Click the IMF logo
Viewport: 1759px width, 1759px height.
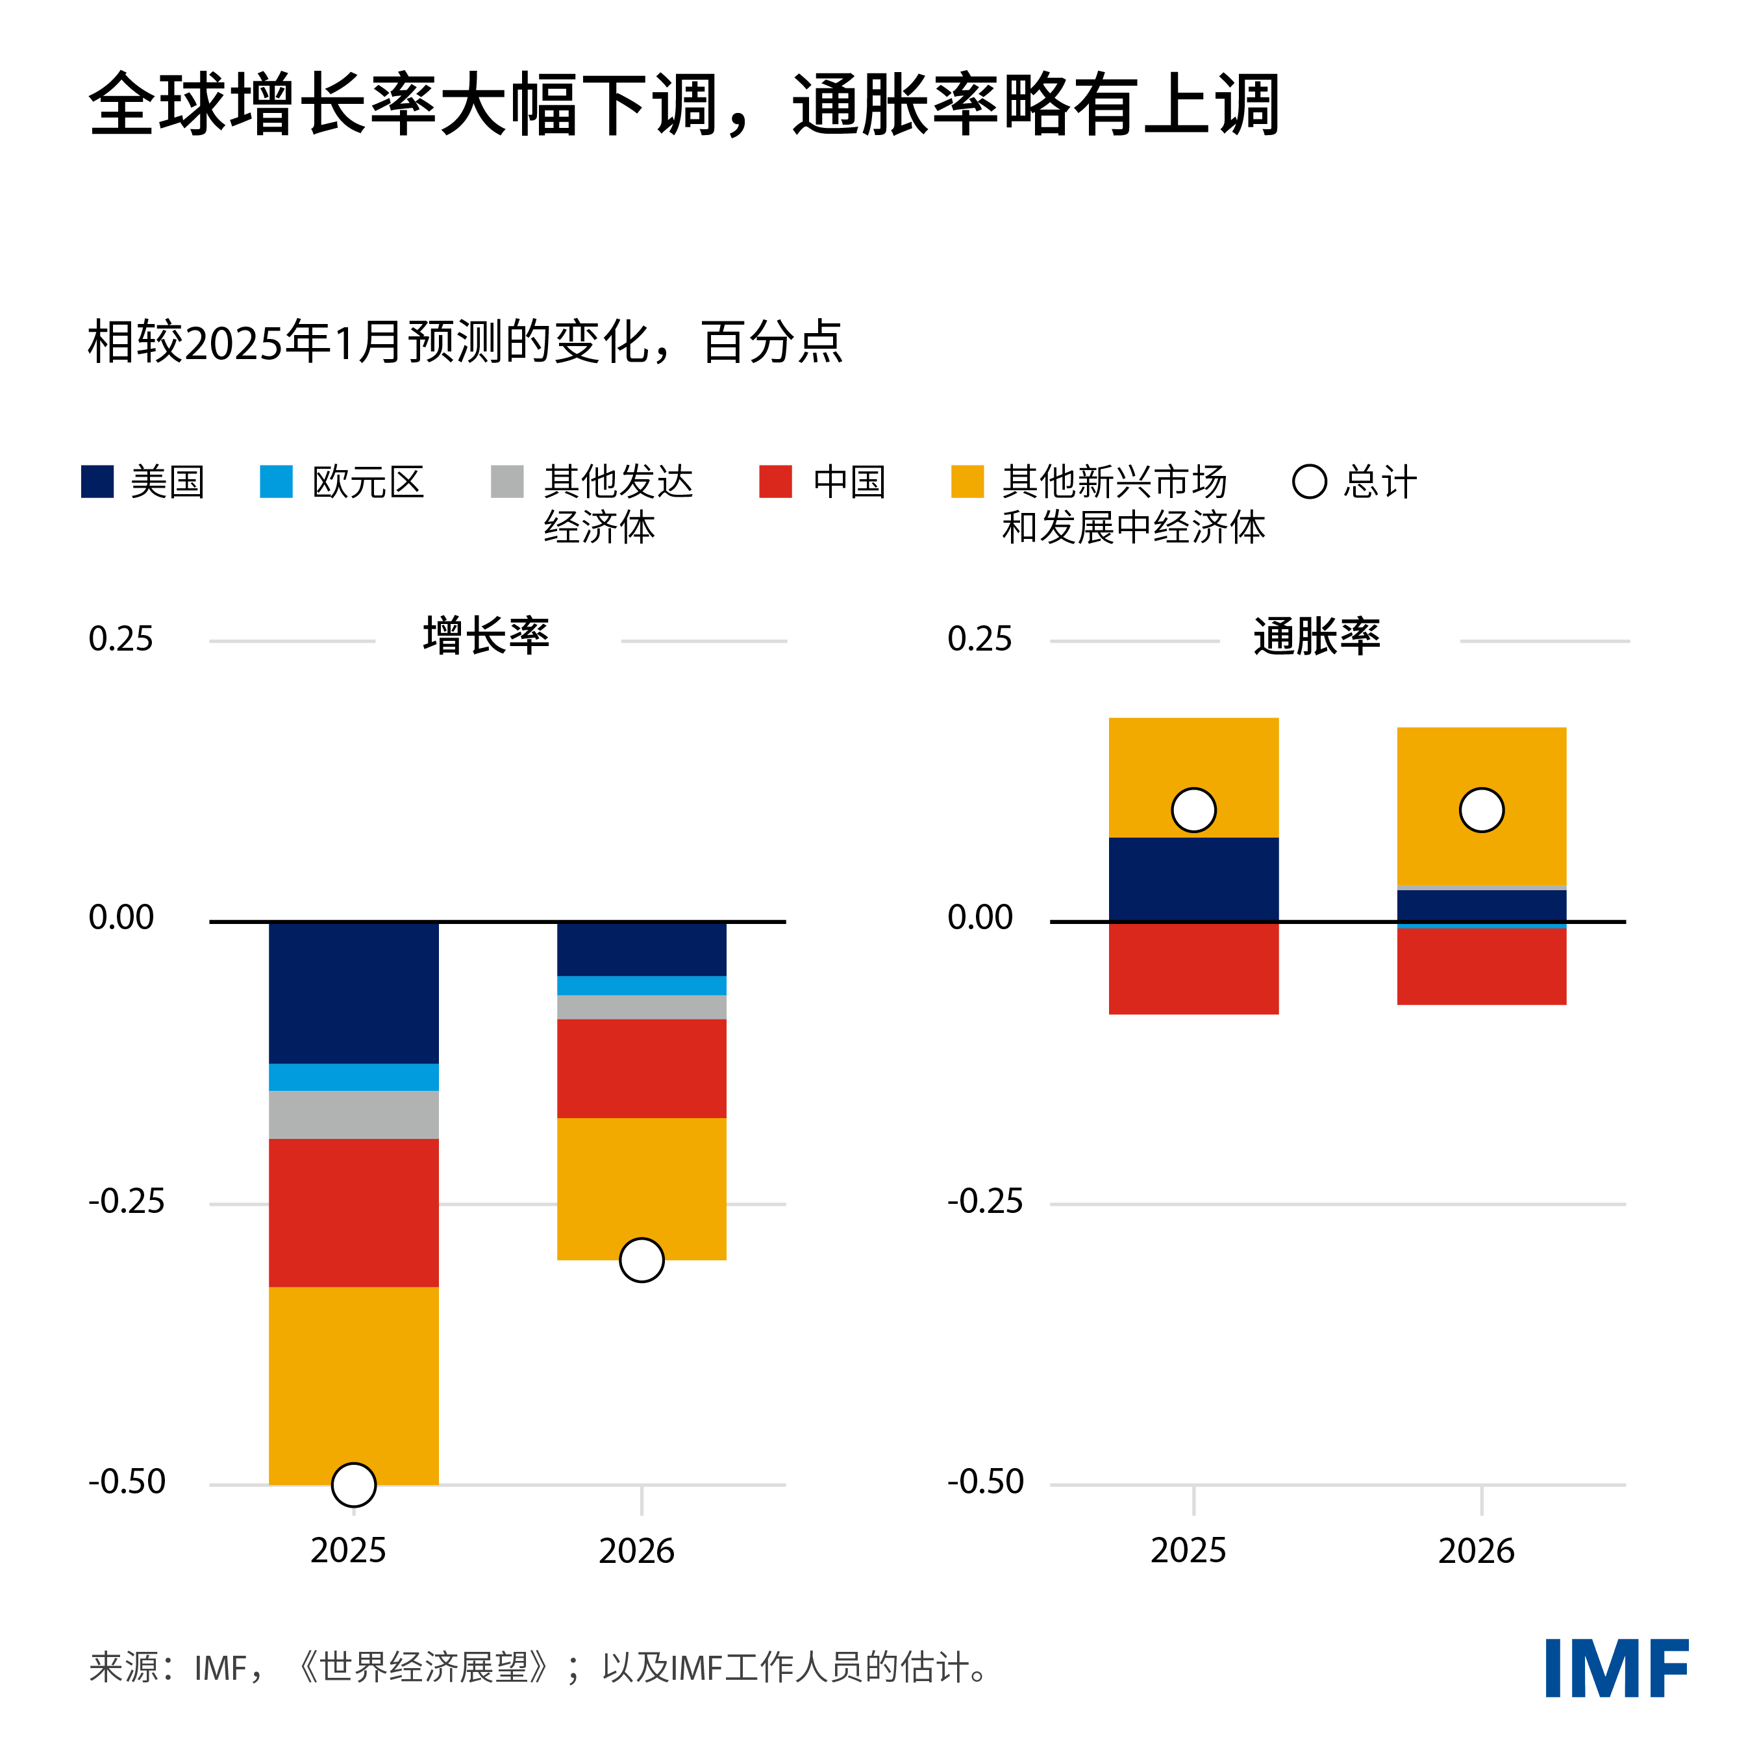click(1616, 1668)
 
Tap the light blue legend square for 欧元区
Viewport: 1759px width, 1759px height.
click(276, 482)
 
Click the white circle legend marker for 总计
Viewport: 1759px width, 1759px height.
click(1309, 482)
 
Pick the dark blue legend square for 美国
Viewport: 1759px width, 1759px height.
click(97, 482)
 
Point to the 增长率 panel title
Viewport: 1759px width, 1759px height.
click(486, 636)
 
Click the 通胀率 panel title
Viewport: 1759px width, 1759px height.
click(1317, 636)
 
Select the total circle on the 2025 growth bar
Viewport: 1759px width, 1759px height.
click(353, 1485)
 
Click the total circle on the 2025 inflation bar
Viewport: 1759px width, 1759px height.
click(1193, 810)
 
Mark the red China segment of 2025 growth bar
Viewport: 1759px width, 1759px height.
click(353, 1213)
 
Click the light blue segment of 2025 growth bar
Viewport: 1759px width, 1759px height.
click(353, 1077)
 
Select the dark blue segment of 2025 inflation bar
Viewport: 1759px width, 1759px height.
click(1193, 879)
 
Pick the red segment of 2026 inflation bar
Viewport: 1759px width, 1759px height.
click(1481, 966)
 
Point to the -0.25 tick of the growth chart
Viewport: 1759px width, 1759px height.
click(127, 1202)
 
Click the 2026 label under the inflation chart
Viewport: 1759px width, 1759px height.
click(1476, 1551)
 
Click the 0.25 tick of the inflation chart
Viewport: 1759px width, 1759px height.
click(980, 639)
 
